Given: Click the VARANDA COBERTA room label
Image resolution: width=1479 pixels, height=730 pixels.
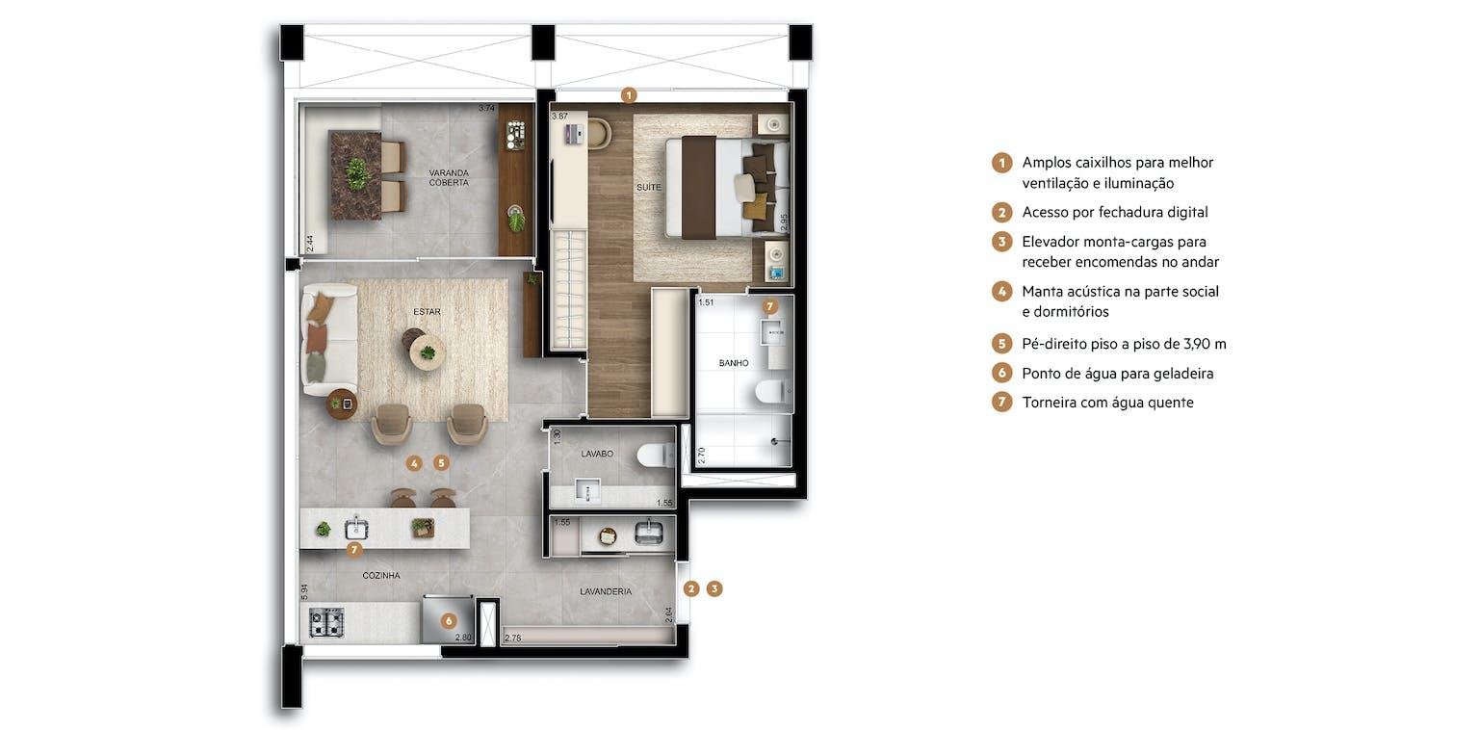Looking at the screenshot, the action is [x=449, y=178].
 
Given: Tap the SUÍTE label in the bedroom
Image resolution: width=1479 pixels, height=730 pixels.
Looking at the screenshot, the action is [x=648, y=188].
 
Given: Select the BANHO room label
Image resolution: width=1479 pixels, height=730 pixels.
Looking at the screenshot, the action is [x=734, y=363].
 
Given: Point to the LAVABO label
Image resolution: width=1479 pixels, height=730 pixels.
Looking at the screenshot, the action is [x=597, y=454].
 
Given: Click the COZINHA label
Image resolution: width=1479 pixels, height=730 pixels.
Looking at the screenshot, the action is [x=381, y=575].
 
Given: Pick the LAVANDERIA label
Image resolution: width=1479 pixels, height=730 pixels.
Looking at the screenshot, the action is [x=606, y=591].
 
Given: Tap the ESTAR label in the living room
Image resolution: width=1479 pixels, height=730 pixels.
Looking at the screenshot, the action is [x=427, y=312].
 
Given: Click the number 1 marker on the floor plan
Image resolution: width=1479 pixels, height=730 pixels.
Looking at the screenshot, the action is [x=629, y=95].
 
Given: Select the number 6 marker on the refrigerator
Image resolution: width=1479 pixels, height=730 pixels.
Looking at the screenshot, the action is [x=449, y=621].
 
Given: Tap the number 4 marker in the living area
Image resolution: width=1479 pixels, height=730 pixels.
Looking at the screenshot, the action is [x=414, y=464].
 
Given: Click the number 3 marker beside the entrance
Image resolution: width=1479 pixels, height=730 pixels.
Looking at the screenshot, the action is [x=714, y=588].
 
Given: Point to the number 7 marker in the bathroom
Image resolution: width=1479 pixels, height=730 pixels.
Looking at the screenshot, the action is [x=769, y=306].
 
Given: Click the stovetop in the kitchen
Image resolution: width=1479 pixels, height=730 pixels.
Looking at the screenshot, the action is [x=326, y=622].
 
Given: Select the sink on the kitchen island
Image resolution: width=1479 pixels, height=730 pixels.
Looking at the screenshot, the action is [x=356, y=529].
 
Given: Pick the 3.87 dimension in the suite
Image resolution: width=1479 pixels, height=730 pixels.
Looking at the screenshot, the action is [x=559, y=117].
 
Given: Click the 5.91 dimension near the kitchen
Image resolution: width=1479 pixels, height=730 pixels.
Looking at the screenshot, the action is [x=304, y=592].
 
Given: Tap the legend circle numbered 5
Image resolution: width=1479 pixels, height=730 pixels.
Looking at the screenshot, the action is [x=1001, y=344].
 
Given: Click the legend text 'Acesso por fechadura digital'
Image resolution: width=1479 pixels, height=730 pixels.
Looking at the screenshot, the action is [x=1114, y=212].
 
